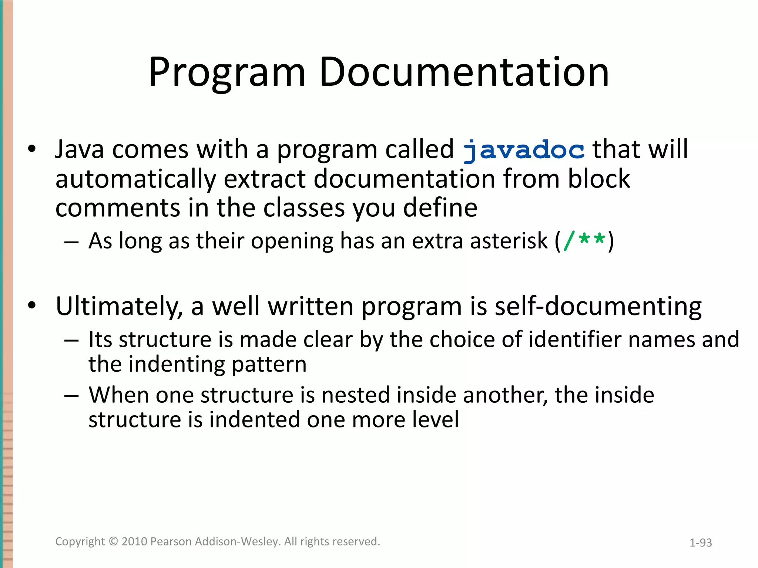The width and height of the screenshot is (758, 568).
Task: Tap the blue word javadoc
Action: pos(524,150)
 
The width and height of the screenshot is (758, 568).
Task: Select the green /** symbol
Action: pos(584,241)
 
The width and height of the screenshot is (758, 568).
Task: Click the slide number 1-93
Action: pos(701,542)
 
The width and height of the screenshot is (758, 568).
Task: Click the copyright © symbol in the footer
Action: pos(113,541)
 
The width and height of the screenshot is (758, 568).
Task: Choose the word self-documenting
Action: pos(598,307)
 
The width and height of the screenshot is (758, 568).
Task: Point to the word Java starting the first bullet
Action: pos(80,150)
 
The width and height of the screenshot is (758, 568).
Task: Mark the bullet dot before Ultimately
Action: pos(32,306)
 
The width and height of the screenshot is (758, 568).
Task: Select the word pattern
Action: pos(269,365)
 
